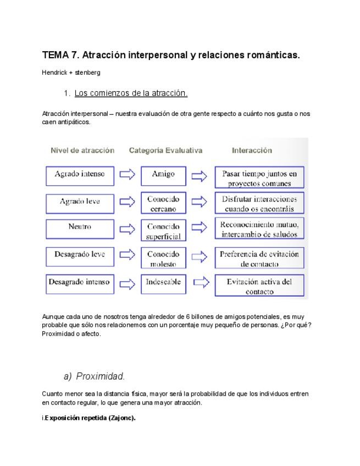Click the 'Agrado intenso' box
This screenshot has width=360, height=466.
click(80, 175)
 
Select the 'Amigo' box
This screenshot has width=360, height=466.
click(163, 175)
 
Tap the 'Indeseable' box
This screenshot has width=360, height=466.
click(163, 282)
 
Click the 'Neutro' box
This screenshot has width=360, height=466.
click(80, 227)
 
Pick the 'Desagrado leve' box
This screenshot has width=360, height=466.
click(80, 255)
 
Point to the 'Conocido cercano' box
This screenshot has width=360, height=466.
click(163, 203)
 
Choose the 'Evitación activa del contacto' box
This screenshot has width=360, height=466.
click(259, 286)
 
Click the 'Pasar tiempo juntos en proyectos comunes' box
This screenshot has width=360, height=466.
click(259, 178)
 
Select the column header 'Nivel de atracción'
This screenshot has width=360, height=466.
click(82, 150)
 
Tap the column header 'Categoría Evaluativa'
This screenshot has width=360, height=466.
click(165, 150)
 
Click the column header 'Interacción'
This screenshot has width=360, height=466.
click(252, 150)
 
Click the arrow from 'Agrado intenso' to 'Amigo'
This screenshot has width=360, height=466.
click(128, 175)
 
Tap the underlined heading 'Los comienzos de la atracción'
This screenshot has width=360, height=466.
click(131, 93)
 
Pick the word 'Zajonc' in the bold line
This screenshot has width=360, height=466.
click(121, 418)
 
